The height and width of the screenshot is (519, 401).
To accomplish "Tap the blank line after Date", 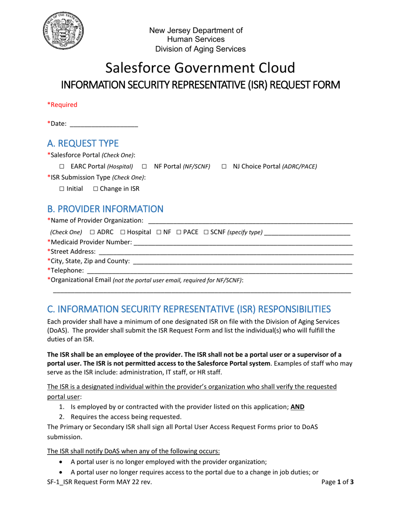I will click(103, 124).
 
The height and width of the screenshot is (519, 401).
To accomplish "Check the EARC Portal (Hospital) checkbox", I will click(62, 167).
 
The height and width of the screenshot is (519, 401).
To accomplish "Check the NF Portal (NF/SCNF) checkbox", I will click(144, 167).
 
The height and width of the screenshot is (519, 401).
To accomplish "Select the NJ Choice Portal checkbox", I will click(224, 167).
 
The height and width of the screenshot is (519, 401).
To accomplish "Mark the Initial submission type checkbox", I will click(62, 189).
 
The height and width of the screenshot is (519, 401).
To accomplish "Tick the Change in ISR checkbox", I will click(95, 189).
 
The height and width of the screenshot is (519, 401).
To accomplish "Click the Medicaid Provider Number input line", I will click(243, 243).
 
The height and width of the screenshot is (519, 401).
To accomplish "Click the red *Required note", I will click(62, 105).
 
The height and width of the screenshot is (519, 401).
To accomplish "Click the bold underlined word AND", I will click(297, 407).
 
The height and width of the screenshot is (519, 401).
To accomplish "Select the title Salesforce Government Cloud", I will click(200, 68).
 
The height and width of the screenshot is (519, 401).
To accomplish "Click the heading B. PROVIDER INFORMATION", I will click(105, 209).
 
